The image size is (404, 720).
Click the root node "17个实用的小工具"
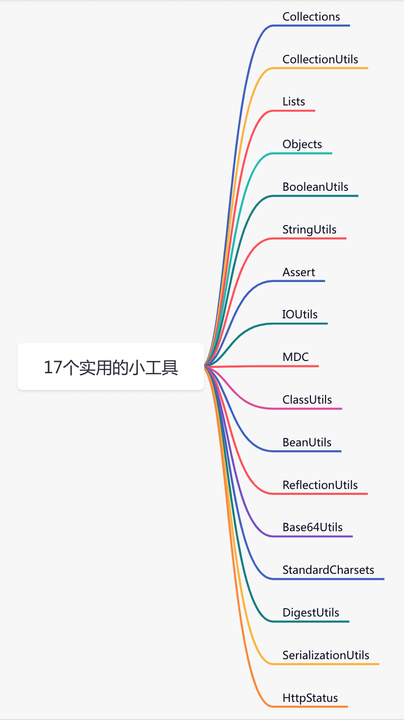[x=111, y=367]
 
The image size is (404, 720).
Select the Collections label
[x=311, y=17]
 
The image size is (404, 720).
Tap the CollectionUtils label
[x=320, y=59]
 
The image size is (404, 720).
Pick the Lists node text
[x=294, y=102]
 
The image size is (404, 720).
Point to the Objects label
[x=302, y=144]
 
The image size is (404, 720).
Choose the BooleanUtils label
[x=315, y=187]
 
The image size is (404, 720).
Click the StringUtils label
[x=309, y=230]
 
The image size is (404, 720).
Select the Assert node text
[x=299, y=272]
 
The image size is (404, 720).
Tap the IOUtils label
[x=300, y=314]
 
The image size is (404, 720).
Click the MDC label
[x=296, y=357]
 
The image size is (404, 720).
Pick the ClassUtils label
[x=307, y=400]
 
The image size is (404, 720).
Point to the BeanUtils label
[x=307, y=442]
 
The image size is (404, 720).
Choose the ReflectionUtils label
[x=320, y=485]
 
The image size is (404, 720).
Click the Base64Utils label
[x=312, y=527]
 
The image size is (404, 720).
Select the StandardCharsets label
[x=328, y=570]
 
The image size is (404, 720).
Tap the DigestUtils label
[x=311, y=613]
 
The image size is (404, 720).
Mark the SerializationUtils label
[x=326, y=655]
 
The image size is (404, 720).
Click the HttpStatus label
[x=310, y=698]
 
